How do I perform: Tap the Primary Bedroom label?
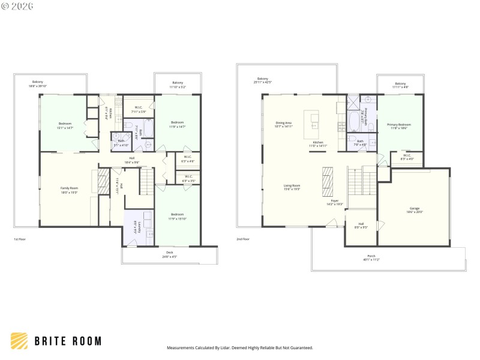click(399, 124)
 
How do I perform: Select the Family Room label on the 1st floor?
click(70, 188)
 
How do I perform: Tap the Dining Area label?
click(283, 122)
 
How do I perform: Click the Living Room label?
click(292, 185)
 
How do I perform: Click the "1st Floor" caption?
click(20, 239)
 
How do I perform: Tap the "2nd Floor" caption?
click(243, 239)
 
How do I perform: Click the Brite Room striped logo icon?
click(19, 341)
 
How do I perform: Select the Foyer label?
click(335, 201)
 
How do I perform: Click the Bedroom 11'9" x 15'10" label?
click(177, 214)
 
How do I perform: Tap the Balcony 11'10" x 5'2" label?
click(178, 83)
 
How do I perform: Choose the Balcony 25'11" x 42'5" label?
click(263, 79)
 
